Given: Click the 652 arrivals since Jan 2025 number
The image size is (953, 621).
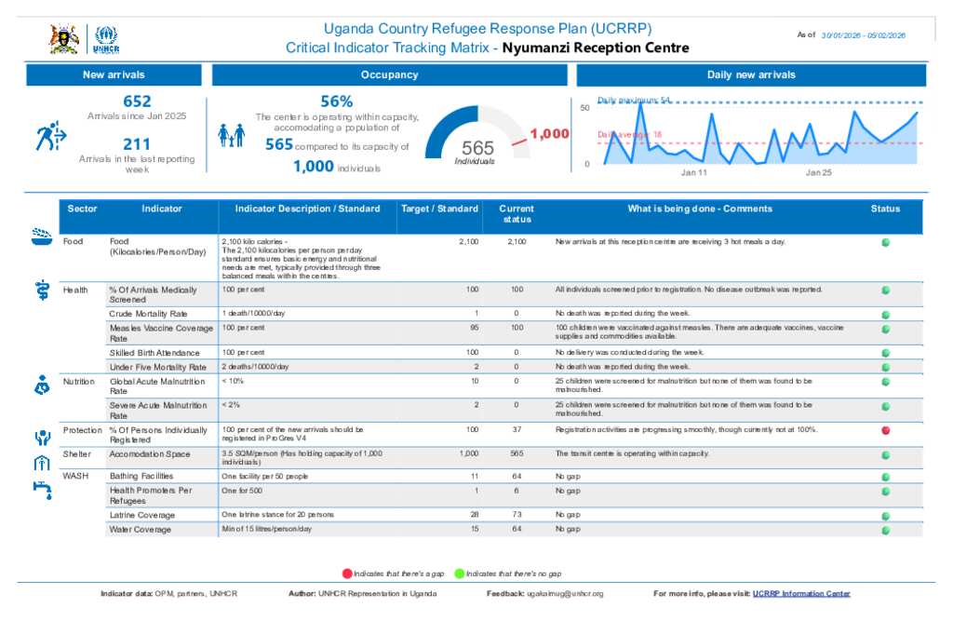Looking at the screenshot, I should pyautogui.click(x=137, y=101).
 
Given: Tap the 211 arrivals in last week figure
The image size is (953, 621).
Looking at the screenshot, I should pyautogui.click(x=137, y=144).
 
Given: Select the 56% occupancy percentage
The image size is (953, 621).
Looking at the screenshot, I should pyautogui.click(x=336, y=101).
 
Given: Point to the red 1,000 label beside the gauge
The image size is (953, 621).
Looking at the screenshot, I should pyautogui.click(x=549, y=134).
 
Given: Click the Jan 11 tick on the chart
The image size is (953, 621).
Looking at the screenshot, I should pyautogui.click(x=694, y=173).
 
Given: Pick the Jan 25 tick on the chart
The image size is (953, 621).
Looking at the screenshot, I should pyautogui.click(x=819, y=173).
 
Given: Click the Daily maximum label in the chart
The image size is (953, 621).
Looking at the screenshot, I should pyautogui.click(x=634, y=100).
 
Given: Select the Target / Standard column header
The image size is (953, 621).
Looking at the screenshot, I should pyautogui.click(x=439, y=209).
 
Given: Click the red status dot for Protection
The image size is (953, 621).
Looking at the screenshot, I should pyautogui.click(x=885, y=430).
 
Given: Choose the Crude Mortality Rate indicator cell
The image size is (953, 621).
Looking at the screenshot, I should pyautogui.click(x=148, y=314).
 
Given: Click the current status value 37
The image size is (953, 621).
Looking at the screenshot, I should pyautogui.click(x=517, y=430).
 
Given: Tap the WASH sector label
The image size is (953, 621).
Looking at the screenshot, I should pyautogui.click(x=75, y=476).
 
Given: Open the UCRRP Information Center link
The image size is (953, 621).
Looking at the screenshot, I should pyautogui.click(x=801, y=594).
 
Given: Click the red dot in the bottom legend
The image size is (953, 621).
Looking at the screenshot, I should pyautogui.click(x=347, y=574).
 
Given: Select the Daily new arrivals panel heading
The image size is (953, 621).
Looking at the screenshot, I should pyautogui.click(x=751, y=75).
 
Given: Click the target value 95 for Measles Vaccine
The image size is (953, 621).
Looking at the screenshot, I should pyautogui.click(x=475, y=329).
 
